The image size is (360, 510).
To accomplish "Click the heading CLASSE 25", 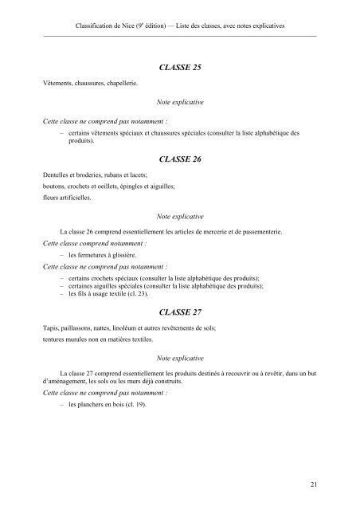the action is pos(179,68).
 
